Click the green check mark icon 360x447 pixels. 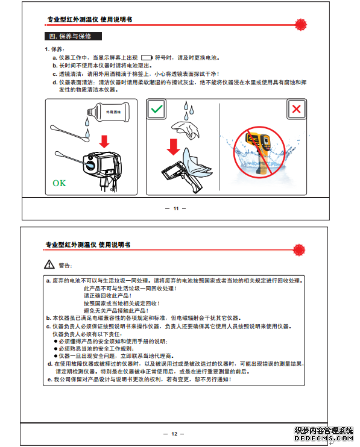tap(156, 109)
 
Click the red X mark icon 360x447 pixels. tap(297, 109)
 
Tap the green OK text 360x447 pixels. tap(59, 183)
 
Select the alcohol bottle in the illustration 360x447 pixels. tap(109, 112)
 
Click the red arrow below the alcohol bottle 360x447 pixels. tap(104, 142)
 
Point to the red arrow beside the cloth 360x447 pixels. tap(173, 147)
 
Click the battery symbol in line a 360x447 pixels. tap(147, 58)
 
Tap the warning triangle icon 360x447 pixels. tap(49, 264)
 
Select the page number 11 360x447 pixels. tap(175, 208)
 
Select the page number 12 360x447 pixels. tap(174, 434)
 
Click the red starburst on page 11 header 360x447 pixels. tap(300, 25)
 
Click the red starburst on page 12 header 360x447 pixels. tap(298, 250)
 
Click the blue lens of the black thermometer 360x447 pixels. tap(90, 164)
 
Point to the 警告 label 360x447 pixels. tap(65, 266)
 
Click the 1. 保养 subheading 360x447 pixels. tap(55, 49)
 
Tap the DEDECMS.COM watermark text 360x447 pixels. tap(324, 438)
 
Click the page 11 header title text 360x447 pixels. tap(90, 20)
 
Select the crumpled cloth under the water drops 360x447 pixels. tap(186, 130)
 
